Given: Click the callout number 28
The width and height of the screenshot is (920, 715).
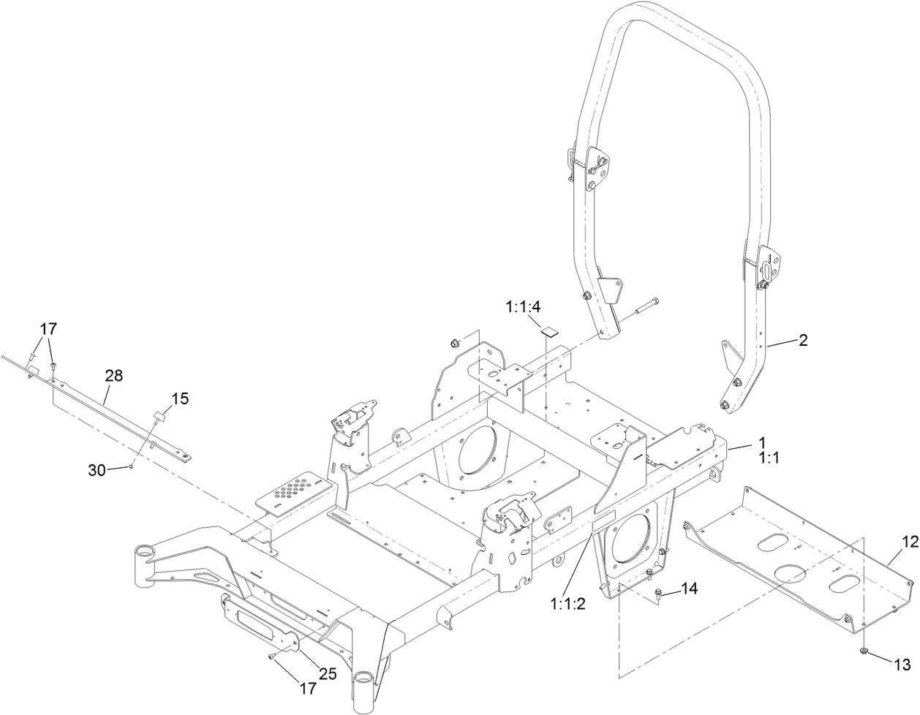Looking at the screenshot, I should click(x=113, y=376).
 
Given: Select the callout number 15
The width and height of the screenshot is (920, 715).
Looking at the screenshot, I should click(x=180, y=398).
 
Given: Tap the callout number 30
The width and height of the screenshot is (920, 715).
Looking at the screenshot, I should click(x=97, y=471).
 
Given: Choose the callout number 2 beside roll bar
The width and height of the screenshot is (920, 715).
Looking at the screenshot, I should click(x=802, y=340).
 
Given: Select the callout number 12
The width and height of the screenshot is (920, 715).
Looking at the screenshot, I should click(x=909, y=542).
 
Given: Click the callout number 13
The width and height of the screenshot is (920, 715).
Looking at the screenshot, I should click(x=902, y=664).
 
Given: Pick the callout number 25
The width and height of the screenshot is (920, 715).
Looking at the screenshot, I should click(x=327, y=674).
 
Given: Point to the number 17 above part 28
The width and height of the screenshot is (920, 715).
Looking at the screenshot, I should click(x=48, y=330).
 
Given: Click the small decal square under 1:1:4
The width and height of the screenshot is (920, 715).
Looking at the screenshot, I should click(x=548, y=330).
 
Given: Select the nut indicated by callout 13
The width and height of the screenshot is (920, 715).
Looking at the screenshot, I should click(x=863, y=650).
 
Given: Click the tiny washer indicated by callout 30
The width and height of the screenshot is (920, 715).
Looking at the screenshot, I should click(x=130, y=465).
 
